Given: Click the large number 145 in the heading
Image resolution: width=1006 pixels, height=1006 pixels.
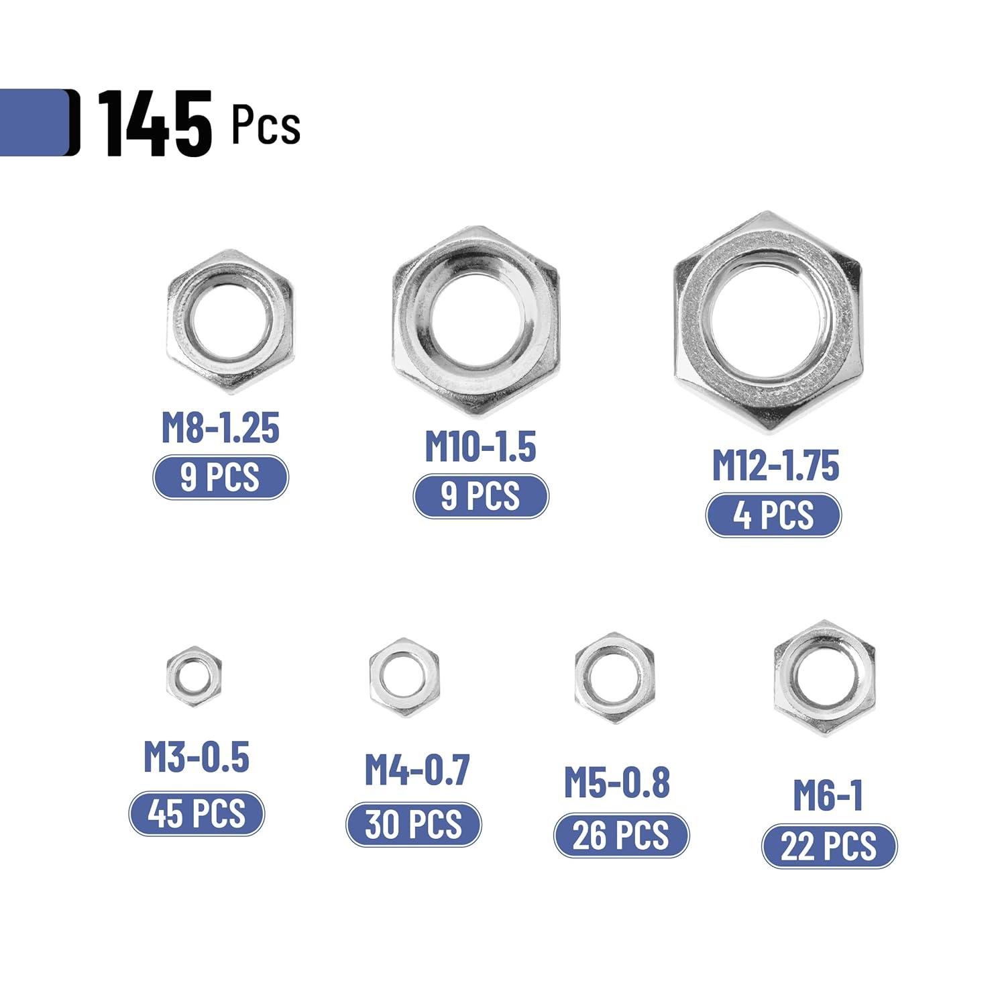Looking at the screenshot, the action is [156, 124].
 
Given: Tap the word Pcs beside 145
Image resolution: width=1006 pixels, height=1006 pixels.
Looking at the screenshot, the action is [266, 125].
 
